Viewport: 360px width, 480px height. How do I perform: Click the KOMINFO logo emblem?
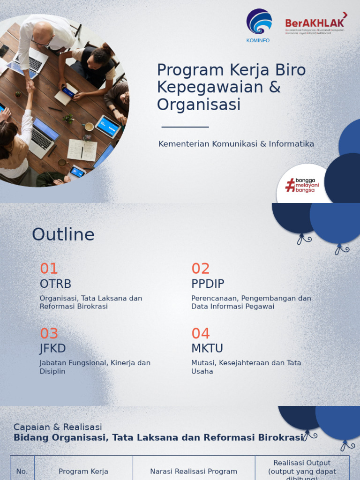pyautogui.click(x=259, y=22)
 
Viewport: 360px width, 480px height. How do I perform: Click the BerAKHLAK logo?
pyautogui.click(x=315, y=23)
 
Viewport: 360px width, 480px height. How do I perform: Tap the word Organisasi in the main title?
pyautogui.click(x=199, y=105)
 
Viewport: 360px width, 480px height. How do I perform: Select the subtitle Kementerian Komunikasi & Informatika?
pyautogui.click(x=236, y=144)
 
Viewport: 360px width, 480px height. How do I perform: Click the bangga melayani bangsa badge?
pyautogui.click(x=302, y=185)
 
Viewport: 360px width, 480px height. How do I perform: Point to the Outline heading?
pyautogui.click(x=63, y=234)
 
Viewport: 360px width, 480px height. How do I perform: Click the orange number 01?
pyautogui.click(x=49, y=269)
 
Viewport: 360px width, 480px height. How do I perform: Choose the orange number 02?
pyautogui.click(x=201, y=269)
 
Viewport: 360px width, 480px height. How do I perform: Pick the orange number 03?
pyautogui.click(x=49, y=333)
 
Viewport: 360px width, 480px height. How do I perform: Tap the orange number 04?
pyautogui.click(x=201, y=333)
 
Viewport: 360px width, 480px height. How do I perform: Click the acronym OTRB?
pyautogui.click(x=55, y=284)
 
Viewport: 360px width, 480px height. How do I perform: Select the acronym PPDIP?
pyautogui.click(x=208, y=284)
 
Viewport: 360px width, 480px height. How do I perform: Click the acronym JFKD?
pyautogui.click(x=52, y=348)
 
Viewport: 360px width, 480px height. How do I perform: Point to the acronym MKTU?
pyautogui.click(x=207, y=348)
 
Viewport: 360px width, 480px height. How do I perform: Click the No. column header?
pyautogui.click(x=22, y=471)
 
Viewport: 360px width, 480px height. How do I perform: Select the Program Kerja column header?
pyautogui.click(x=83, y=471)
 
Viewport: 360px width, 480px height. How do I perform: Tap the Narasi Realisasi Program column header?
pyautogui.click(x=194, y=471)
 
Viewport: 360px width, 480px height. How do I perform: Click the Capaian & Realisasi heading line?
pyautogui.click(x=58, y=427)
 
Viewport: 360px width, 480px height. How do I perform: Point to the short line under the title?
pyautogui.click(x=185, y=127)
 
